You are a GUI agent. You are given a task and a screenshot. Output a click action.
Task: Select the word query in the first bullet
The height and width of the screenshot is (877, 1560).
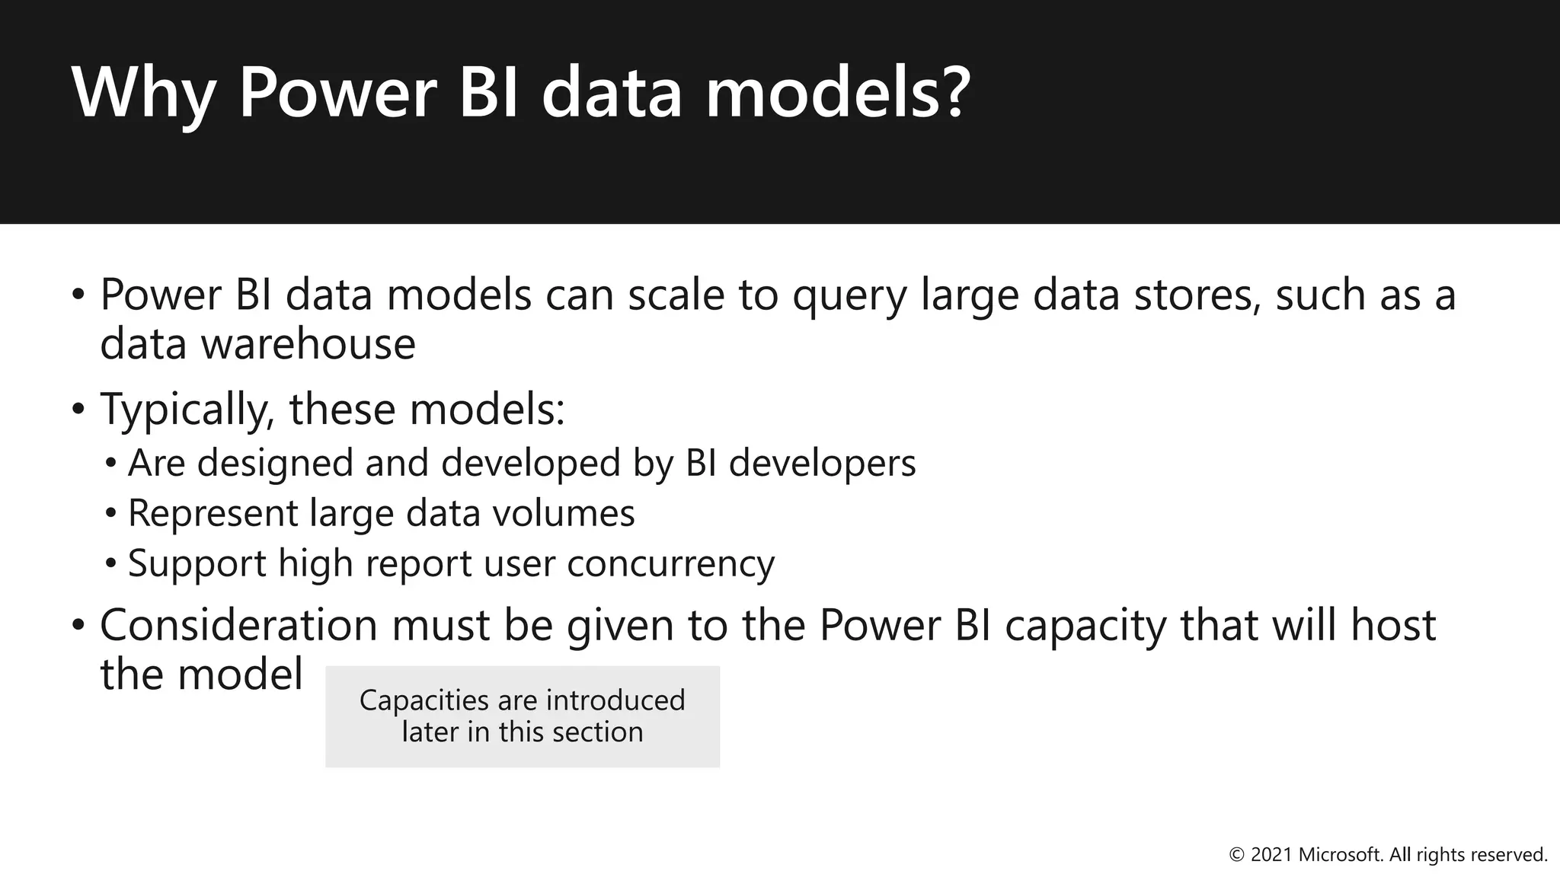click(x=849, y=297)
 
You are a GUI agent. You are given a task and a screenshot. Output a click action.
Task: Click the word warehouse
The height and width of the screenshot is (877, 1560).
click(x=308, y=344)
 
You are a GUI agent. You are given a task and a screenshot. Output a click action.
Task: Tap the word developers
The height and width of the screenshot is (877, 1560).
click(x=822, y=464)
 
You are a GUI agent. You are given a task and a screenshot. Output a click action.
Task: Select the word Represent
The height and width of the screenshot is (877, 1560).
click(x=213, y=514)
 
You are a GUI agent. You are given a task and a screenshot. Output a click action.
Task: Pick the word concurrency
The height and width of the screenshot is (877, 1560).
click(x=670, y=565)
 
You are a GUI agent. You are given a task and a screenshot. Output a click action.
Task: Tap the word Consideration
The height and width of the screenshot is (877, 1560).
click(x=238, y=626)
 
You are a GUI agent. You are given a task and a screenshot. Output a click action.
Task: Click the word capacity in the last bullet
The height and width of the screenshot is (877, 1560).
click(x=1085, y=627)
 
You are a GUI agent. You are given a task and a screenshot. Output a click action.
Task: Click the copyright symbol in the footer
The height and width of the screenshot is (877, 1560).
click(x=1237, y=856)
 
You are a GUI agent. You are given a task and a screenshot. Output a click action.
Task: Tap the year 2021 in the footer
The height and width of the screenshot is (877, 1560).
click(x=1271, y=856)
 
